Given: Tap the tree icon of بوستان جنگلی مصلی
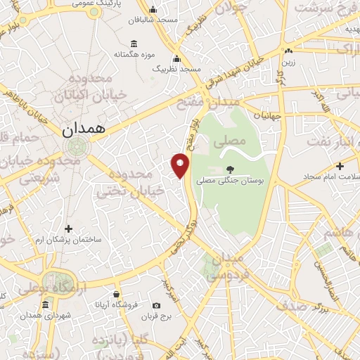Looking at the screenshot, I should [230, 169].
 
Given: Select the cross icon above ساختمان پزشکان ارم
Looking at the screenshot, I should [68, 229].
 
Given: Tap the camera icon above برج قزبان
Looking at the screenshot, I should [156, 305].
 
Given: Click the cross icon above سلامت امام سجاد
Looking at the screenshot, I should [340, 167].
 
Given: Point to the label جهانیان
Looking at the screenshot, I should [267, 115].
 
